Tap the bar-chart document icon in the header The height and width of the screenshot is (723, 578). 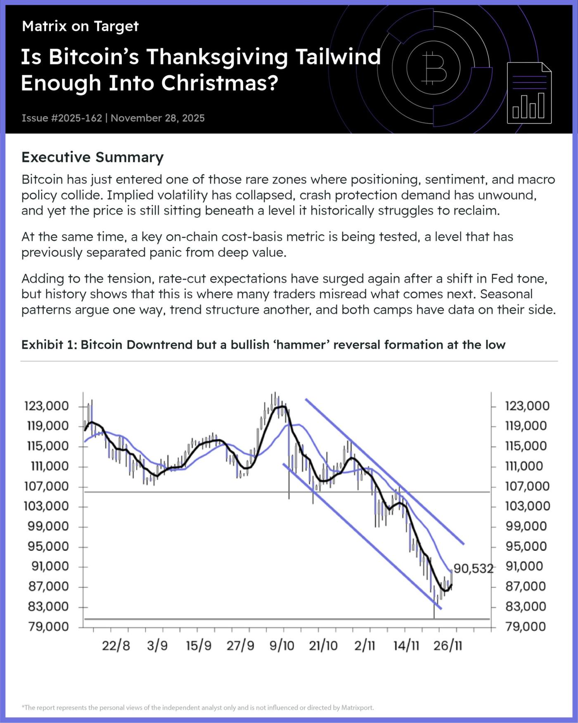[529, 93]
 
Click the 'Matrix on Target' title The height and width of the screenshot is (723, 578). [80, 26]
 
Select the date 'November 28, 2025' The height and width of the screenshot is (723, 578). [158, 118]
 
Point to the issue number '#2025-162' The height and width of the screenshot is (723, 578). [76, 118]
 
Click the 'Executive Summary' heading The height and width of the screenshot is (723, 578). [92, 157]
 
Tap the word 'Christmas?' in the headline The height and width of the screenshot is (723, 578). [220, 83]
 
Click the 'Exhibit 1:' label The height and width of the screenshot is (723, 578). [49, 345]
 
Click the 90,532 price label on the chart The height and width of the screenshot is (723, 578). [473, 569]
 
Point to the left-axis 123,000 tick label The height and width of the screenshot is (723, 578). [47, 406]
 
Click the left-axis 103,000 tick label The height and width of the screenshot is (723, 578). [47, 506]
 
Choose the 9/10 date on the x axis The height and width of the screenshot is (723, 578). [282, 646]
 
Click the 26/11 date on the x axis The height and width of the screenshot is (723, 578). [448, 646]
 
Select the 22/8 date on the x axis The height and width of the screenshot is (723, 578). [116, 646]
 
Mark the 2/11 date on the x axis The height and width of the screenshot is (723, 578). [365, 646]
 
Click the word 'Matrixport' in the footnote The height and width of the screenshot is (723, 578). [357, 707]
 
